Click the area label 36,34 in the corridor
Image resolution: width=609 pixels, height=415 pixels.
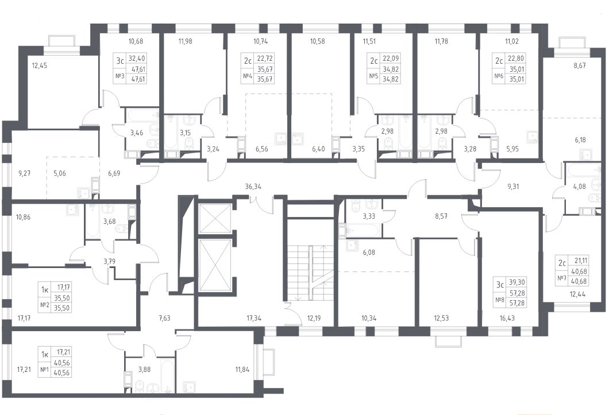tap(253, 187)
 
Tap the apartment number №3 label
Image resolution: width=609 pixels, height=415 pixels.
tap(120, 76)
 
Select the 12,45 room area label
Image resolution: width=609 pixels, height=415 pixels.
tap(39, 65)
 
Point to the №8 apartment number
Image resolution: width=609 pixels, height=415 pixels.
tap(499, 299)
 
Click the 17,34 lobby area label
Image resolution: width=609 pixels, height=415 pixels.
tap(255, 319)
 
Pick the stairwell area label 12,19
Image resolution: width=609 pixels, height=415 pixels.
tap(315, 319)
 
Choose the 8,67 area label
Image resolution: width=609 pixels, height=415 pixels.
tap(580, 65)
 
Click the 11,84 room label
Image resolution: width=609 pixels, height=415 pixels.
tap(242, 369)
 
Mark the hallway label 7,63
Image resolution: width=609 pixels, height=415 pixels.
tap(165, 319)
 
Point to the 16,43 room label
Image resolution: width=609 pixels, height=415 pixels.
tap(508, 319)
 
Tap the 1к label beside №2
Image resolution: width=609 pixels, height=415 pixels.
tap(44, 289)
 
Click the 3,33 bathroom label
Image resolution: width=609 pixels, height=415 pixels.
tap(369, 216)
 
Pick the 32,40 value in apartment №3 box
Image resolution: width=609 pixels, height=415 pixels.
tap(138, 59)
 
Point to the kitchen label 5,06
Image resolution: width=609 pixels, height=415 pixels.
tap(59, 173)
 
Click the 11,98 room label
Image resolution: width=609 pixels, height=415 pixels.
tap(184, 41)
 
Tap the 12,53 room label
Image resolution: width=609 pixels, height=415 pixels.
tap(442, 319)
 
